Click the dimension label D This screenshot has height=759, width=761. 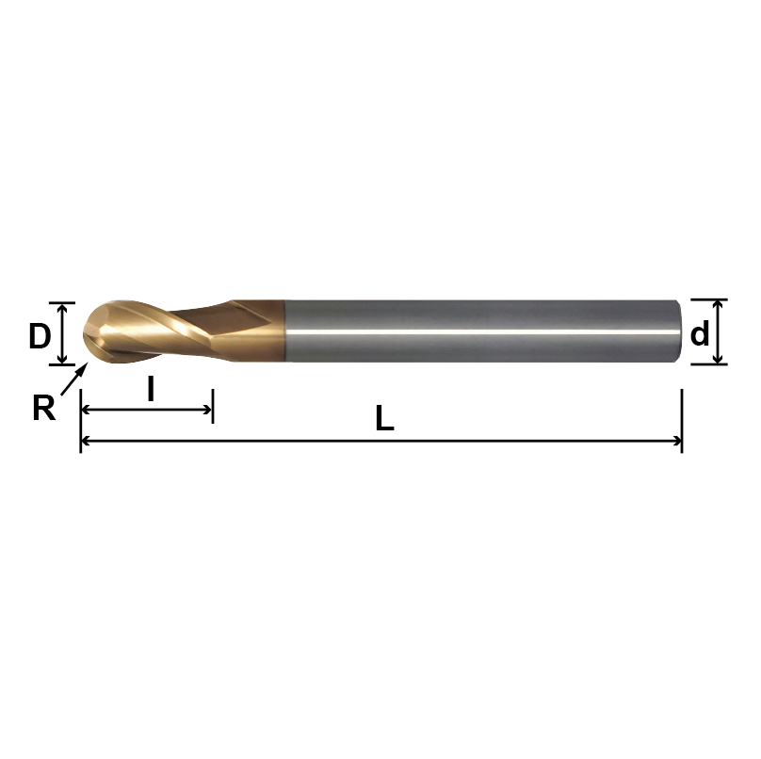[39, 335]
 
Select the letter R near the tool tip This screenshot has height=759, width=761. [43, 407]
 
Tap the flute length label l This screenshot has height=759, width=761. [150, 389]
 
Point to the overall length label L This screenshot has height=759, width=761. [383, 419]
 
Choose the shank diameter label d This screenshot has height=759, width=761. [700, 333]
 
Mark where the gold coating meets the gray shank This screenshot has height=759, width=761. [284, 331]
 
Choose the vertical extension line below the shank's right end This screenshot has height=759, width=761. [681, 419]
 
